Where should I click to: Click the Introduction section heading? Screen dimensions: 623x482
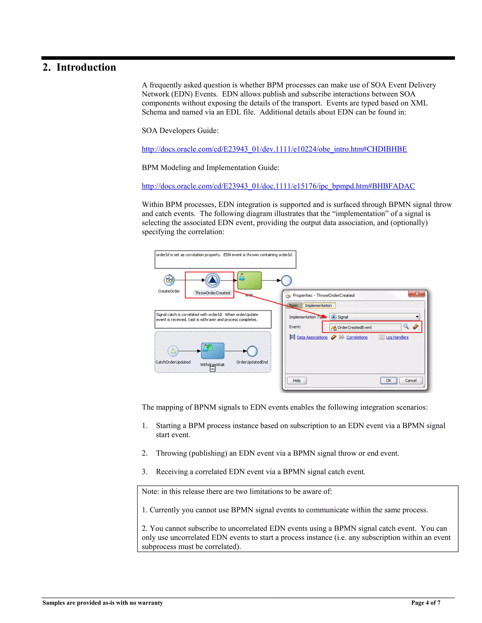(x=79, y=67)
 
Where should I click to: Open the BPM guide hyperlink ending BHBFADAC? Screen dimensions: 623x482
(x=278, y=186)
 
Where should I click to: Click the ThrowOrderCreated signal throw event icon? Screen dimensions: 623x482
(x=213, y=280)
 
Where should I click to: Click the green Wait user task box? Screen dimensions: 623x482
(x=249, y=280)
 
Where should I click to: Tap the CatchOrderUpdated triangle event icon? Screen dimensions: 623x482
(x=173, y=351)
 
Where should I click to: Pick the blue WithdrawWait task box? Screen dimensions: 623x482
(x=213, y=351)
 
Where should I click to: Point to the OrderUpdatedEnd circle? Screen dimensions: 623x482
(x=252, y=351)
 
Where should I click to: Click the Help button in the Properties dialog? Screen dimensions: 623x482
(x=297, y=381)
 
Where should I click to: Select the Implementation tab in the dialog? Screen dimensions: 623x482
(x=318, y=306)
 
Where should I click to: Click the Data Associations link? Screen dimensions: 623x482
(x=312, y=337)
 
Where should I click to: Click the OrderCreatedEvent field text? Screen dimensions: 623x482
(x=355, y=327)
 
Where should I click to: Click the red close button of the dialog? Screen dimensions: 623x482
(x=417, y=294)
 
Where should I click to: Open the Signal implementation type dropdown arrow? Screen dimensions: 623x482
(x=417, y=317)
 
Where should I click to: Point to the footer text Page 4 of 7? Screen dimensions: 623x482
(x=426, y=603)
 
